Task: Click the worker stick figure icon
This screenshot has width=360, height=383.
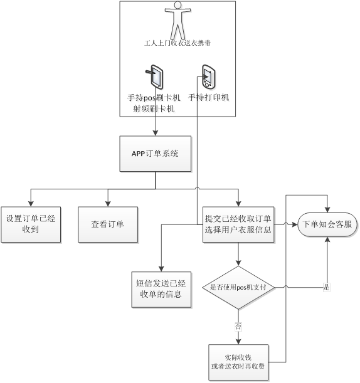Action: [177, 19]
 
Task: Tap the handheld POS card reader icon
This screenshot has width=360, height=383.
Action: [155, 76]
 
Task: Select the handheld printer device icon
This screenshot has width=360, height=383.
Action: [208, 76]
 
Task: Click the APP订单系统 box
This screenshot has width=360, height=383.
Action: [156, 154]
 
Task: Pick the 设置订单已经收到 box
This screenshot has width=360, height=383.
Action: [31, 224]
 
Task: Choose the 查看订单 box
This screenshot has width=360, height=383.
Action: [108, 224]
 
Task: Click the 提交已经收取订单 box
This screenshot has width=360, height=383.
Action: [238, 224]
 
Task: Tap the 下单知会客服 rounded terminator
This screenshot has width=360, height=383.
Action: [327, 224]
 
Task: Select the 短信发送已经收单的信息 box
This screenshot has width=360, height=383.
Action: [161, 290]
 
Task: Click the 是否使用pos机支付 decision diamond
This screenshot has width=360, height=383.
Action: [238, 288]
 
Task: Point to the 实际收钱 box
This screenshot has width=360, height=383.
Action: [238, 362]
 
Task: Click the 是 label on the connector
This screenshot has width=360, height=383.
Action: [327, 287]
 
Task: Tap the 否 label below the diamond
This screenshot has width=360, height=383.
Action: [238, 327]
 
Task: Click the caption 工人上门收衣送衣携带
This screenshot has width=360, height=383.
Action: [177, 43]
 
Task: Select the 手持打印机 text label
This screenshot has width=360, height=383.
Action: [208, 97]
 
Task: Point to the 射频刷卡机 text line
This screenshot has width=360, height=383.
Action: [154, 108]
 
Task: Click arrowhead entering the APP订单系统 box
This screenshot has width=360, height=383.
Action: [156, 133]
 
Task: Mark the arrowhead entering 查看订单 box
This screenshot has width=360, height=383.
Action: [108, 204]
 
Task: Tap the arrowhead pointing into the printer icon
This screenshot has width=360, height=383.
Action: [206, 77]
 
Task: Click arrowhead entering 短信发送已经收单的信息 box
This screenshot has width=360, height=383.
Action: [161, 269]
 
